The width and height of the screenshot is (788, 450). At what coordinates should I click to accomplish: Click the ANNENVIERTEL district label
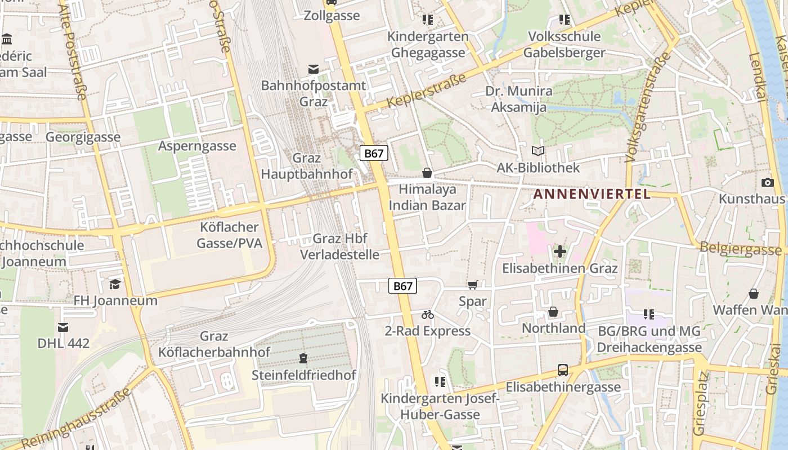click(x=592, y=195)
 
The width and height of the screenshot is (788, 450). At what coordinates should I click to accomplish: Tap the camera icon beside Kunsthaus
click(x=767, y=182)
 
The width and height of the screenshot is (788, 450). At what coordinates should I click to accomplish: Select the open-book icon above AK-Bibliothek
click(x=538, y=151)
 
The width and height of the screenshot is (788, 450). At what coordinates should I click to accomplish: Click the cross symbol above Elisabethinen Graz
click(x=559, y=251)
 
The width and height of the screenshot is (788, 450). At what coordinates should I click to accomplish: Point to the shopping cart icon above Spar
click(x=472, y=285)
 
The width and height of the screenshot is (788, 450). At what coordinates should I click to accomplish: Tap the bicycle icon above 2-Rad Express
click(x=428, y=314)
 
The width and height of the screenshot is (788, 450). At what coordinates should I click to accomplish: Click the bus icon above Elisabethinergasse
click(x=563, y=370)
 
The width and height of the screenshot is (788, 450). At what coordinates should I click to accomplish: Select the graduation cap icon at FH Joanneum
click(x=115, y=284)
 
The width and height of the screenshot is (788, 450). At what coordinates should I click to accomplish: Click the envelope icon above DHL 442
click(x=63, y=327)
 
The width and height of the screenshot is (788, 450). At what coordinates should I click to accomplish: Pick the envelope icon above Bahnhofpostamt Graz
click(x=314, y=69)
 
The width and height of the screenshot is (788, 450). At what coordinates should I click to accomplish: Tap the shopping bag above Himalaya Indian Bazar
click(x=427, y=173)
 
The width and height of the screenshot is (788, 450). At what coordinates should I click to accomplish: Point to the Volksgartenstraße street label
click(x=648, y=107)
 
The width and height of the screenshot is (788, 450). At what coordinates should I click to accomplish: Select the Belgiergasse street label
click(x=740, y=248)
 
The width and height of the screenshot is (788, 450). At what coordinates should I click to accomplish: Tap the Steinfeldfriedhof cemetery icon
click(x=303, y=358)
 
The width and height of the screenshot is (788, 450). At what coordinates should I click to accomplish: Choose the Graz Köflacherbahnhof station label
click(x=214, y=344)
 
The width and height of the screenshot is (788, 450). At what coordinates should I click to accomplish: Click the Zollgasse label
click(x=332, y=16)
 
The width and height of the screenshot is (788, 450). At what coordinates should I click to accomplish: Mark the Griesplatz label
click(x=700, y=402)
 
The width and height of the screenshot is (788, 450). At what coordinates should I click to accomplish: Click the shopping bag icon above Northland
click(x=553, y=312)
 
